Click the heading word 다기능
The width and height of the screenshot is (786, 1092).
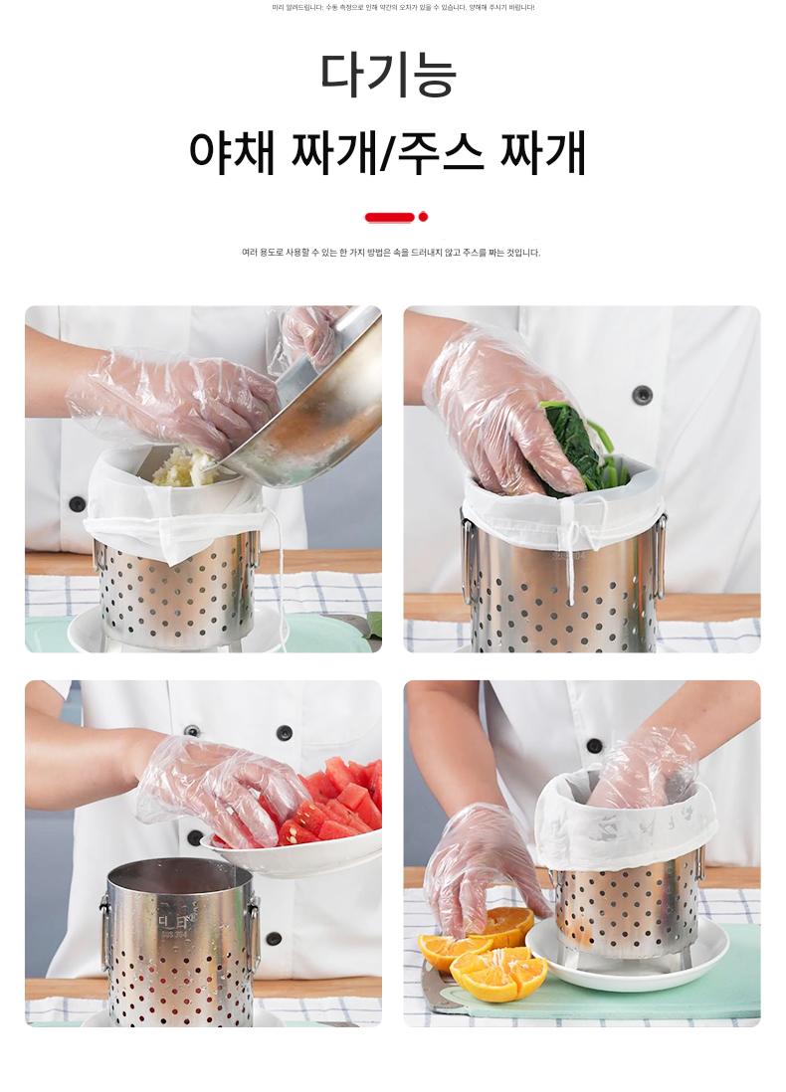pos(388,74)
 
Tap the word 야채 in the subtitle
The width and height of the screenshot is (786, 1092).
pos(232,152)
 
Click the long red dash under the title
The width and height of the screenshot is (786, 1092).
pos(389,217)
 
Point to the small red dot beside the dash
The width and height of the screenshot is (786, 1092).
pos(423,217)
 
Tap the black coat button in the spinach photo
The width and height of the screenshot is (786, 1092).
pos(642,394)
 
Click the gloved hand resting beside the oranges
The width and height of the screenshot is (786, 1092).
pos(481,863)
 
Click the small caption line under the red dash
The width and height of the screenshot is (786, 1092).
pos(391,253)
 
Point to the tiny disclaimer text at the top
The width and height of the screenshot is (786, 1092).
pos(403,8)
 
